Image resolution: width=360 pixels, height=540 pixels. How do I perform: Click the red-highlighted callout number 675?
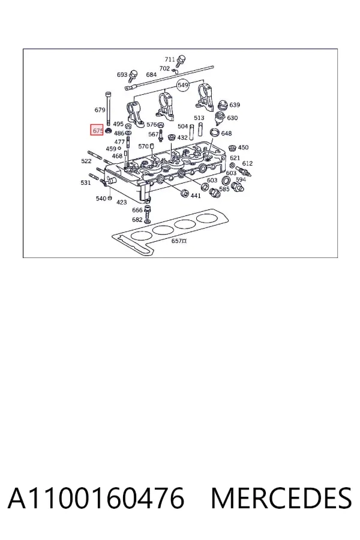pos(97,130)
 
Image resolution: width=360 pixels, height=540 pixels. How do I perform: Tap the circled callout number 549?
pos(183,85)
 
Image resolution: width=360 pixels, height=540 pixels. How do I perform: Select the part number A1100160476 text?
pos(96,498)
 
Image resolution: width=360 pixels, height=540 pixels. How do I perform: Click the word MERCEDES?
pos(281,498)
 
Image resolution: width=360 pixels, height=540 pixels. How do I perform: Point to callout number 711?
pos(170,59)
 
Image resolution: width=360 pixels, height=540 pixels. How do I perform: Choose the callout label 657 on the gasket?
pos(177,241)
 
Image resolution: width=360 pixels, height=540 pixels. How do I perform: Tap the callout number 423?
pos(121,202)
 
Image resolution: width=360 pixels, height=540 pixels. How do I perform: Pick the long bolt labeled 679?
pos(109,109)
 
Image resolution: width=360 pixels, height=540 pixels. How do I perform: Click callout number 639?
pos(235,104)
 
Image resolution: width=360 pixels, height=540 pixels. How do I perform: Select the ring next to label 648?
pos(215,132)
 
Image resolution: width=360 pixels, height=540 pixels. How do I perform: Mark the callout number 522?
pos(86,161)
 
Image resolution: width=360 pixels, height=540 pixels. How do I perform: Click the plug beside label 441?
pos(184,193)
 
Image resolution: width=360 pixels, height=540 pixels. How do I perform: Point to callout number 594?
pos(241,179)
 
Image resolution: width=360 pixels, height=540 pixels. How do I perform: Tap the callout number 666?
pos(137,210)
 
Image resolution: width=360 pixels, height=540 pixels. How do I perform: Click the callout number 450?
pos(243,148)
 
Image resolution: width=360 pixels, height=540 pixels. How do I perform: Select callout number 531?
pos(85,182)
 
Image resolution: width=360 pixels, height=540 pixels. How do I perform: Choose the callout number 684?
pos(151,74)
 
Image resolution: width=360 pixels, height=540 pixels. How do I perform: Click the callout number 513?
pos(199,118)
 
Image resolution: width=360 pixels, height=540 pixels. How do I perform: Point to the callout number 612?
pos(247,163)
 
